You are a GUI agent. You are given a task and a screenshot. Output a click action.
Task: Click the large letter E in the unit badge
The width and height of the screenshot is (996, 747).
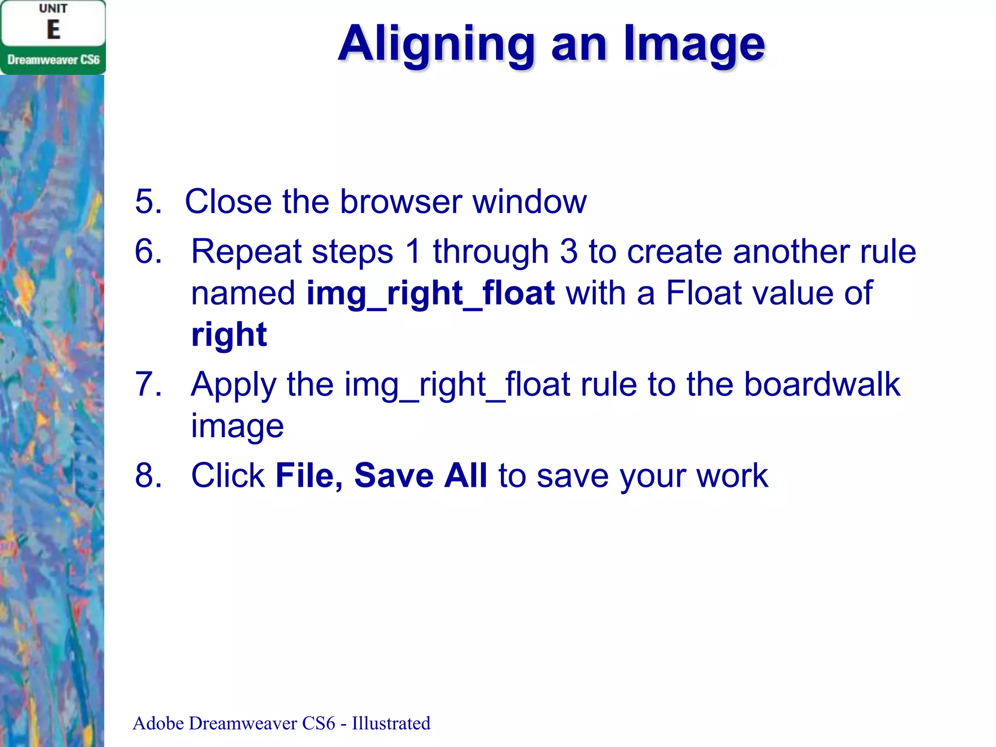(x=53, y=30)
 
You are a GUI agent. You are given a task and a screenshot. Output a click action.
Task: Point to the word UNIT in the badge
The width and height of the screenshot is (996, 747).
(x=53, y=9)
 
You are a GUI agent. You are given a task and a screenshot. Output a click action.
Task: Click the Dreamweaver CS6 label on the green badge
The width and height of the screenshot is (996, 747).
(x=53, y=60)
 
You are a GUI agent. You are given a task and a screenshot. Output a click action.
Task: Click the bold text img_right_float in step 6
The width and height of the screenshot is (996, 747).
(x=431, y=293)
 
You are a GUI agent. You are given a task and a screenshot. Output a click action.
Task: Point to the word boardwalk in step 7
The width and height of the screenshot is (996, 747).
(x=822, y=384)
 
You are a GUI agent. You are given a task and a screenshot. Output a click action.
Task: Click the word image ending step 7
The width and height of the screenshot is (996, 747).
(x=237, y=426)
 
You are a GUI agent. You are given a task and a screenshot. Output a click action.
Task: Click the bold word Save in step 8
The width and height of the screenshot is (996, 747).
(x=393, y=475)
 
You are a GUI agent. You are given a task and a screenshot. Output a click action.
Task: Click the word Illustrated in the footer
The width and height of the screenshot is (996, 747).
(x=391, y=723)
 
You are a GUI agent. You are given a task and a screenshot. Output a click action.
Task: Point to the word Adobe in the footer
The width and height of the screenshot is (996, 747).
(x=158, y=723)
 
